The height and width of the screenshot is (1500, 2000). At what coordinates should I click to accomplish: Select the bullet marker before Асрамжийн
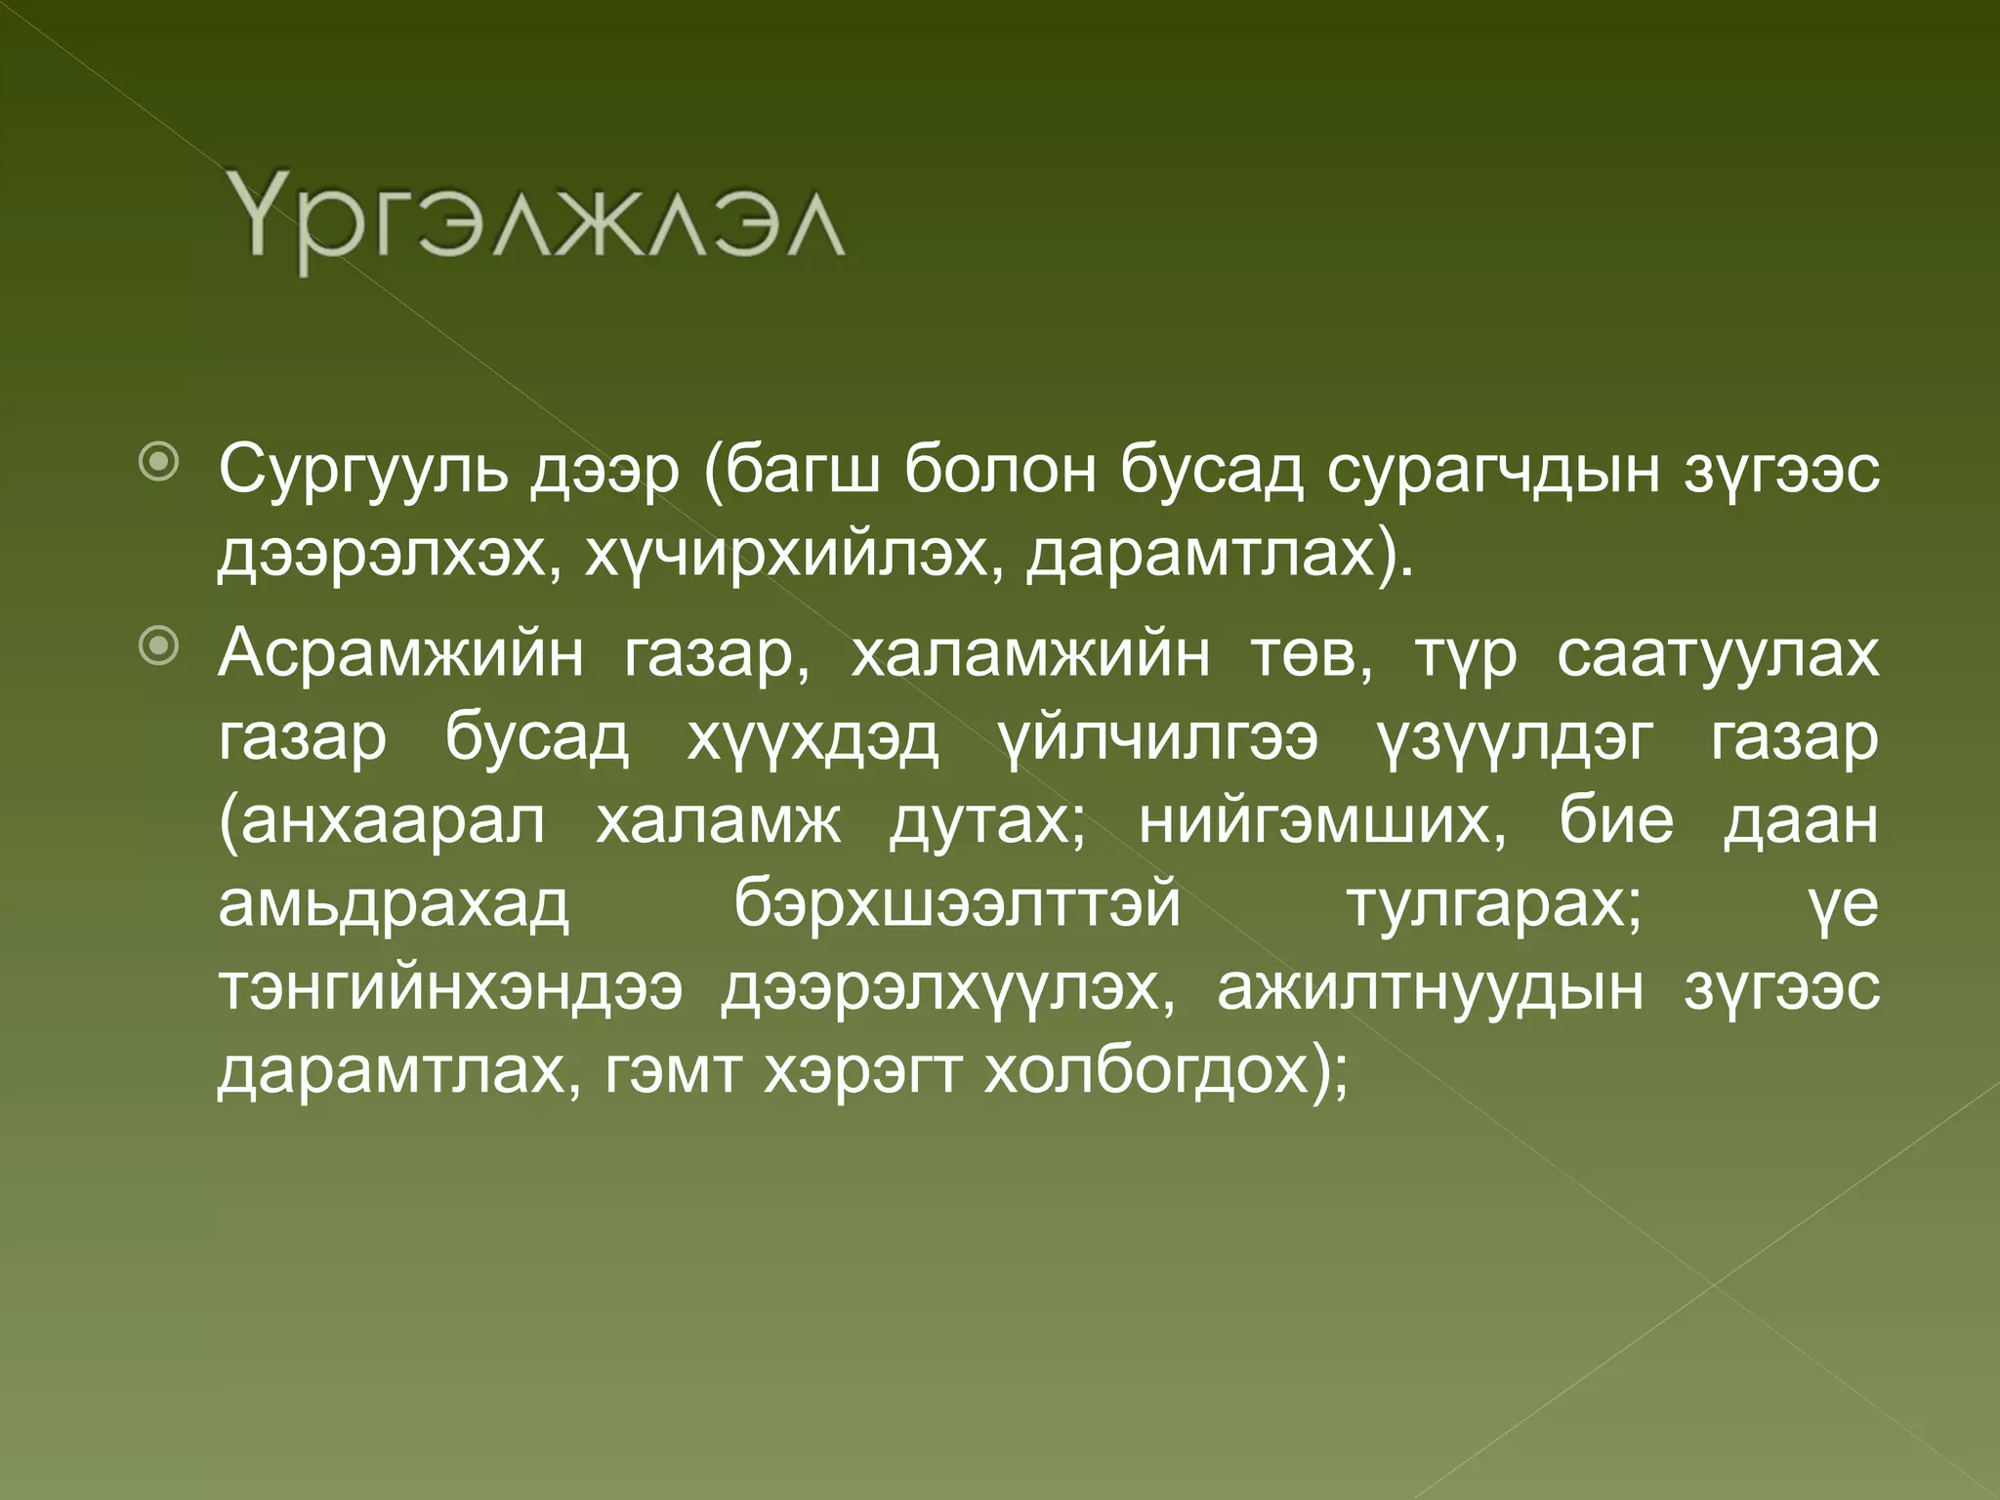tap(158, 646)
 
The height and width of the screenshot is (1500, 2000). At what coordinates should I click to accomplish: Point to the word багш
tap(797, 472)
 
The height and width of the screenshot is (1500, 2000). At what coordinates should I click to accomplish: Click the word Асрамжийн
tap(400, 654)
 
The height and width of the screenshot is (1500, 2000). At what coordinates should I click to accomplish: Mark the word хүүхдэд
tap(812, 739)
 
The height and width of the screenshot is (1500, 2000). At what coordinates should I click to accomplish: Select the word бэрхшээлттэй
tap(957, 906)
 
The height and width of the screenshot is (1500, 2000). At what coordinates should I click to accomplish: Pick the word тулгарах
tap(1494, 906)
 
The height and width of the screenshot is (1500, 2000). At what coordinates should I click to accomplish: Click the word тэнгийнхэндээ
tap(449, 989)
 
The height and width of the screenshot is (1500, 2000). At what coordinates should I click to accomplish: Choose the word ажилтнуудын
tap(1430, 989)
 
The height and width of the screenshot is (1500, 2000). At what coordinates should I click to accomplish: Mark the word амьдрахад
tap(393, 906)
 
